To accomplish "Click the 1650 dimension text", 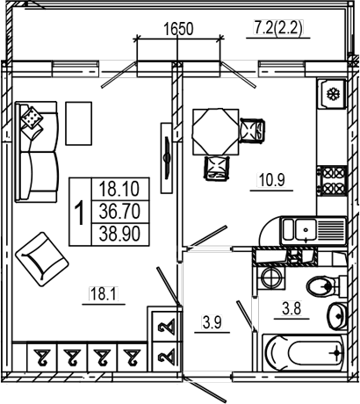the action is click(178, 29).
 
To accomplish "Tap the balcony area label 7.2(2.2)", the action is click(278, 28).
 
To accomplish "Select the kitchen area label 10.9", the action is click(271, 180).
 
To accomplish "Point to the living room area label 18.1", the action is click(104, 293).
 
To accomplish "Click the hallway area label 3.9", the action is click(212, 322).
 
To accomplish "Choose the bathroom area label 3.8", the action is click(292, 308).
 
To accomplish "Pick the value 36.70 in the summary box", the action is click(119, 212).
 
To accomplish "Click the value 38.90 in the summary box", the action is click(119, 234).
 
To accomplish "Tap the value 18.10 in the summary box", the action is click(119, 189).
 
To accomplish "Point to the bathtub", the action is click(303, 352).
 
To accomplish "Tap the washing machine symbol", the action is click(271, 278).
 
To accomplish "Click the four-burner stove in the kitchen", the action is click(333, 181).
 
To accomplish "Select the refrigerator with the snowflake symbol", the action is click(332, 94).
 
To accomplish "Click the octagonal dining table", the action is click(215, 132).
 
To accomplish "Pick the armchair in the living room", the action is click(42, 259).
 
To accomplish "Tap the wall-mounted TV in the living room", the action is click(168, 158).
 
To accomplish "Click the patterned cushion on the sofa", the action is click(32, 117).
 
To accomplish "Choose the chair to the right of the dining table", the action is click(252, 131).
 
